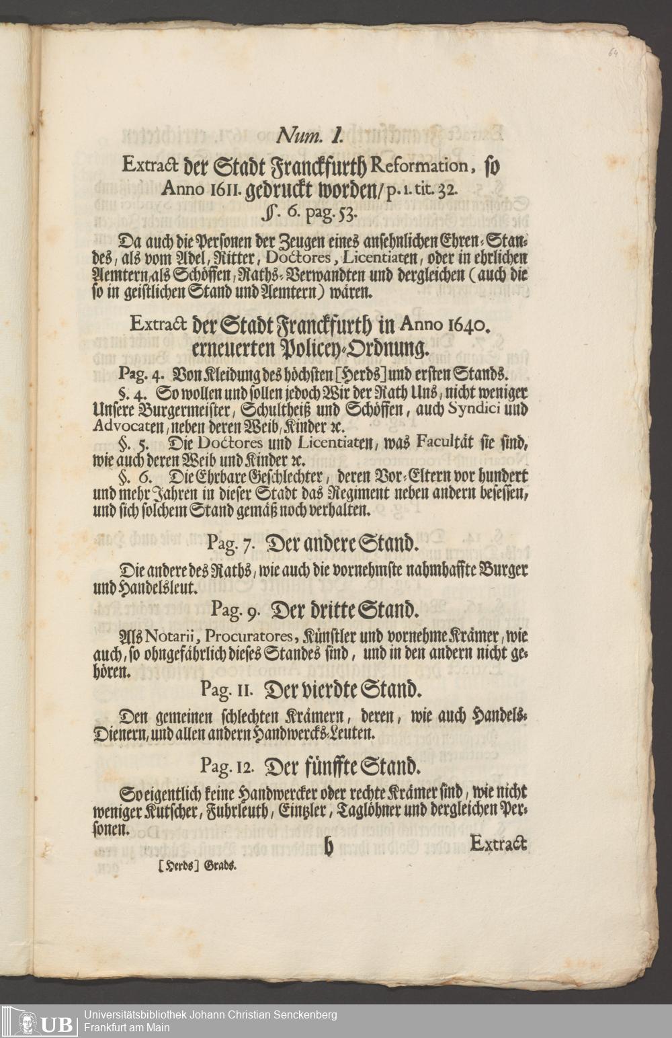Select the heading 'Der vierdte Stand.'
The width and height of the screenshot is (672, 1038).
click(x=345, y=688)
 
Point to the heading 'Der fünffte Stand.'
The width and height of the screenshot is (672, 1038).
click(x=345, y=766)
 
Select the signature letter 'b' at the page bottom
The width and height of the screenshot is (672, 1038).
click(x=329, y=848)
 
